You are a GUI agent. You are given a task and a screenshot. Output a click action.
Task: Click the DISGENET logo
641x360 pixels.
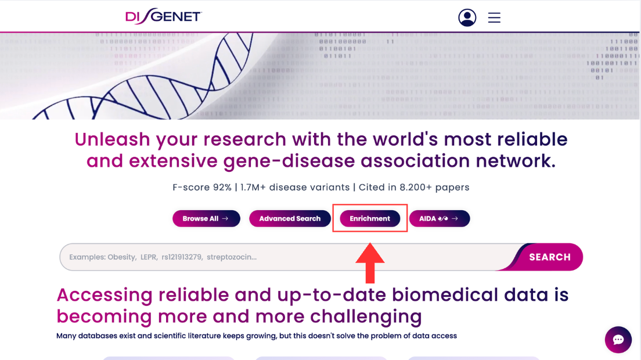tap(164, 16)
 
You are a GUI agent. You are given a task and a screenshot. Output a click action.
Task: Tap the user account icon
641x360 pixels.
tap(467, 17)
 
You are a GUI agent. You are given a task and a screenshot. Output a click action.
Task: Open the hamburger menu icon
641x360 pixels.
tap(494, 17)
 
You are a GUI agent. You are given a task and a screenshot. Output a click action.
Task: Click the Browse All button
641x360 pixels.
tap(206, 219)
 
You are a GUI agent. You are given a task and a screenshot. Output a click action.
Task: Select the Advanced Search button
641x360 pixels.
tap(290, 219)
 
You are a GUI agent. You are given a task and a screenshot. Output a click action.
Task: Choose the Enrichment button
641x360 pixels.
tap(369, 219)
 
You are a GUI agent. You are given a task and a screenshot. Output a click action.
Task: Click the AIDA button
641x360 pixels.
tap(440, 219)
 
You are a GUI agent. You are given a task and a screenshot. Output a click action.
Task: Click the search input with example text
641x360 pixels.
tap(286, 257)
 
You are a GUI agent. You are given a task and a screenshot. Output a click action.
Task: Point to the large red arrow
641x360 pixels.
tap(370, 263)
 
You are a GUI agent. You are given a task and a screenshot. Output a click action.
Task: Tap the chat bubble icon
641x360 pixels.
tap(618, 340)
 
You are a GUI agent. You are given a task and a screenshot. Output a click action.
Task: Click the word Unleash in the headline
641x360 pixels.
tap(113, 139)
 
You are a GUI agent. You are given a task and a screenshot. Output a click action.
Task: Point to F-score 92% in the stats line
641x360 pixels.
tap(202, 187)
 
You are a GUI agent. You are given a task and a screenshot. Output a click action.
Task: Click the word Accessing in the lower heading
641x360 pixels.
tap(105, 296)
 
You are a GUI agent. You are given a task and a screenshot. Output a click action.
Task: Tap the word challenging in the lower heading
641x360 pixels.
tap(366, 317)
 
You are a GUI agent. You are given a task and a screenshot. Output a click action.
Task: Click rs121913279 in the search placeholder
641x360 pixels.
tap(182, 257)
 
